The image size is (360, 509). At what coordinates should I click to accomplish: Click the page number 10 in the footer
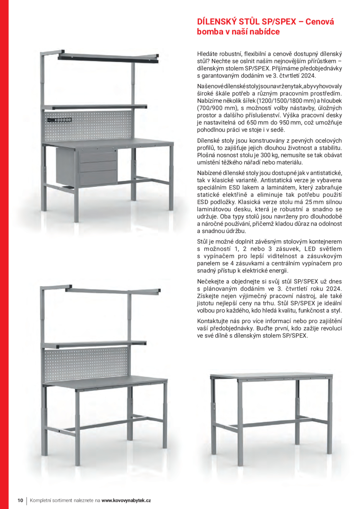tap(20, 500)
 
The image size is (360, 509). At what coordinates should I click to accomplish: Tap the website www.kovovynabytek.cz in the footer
tap(126, 500)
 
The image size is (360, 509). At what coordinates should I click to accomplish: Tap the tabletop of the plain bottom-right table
tap(271, 377)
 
